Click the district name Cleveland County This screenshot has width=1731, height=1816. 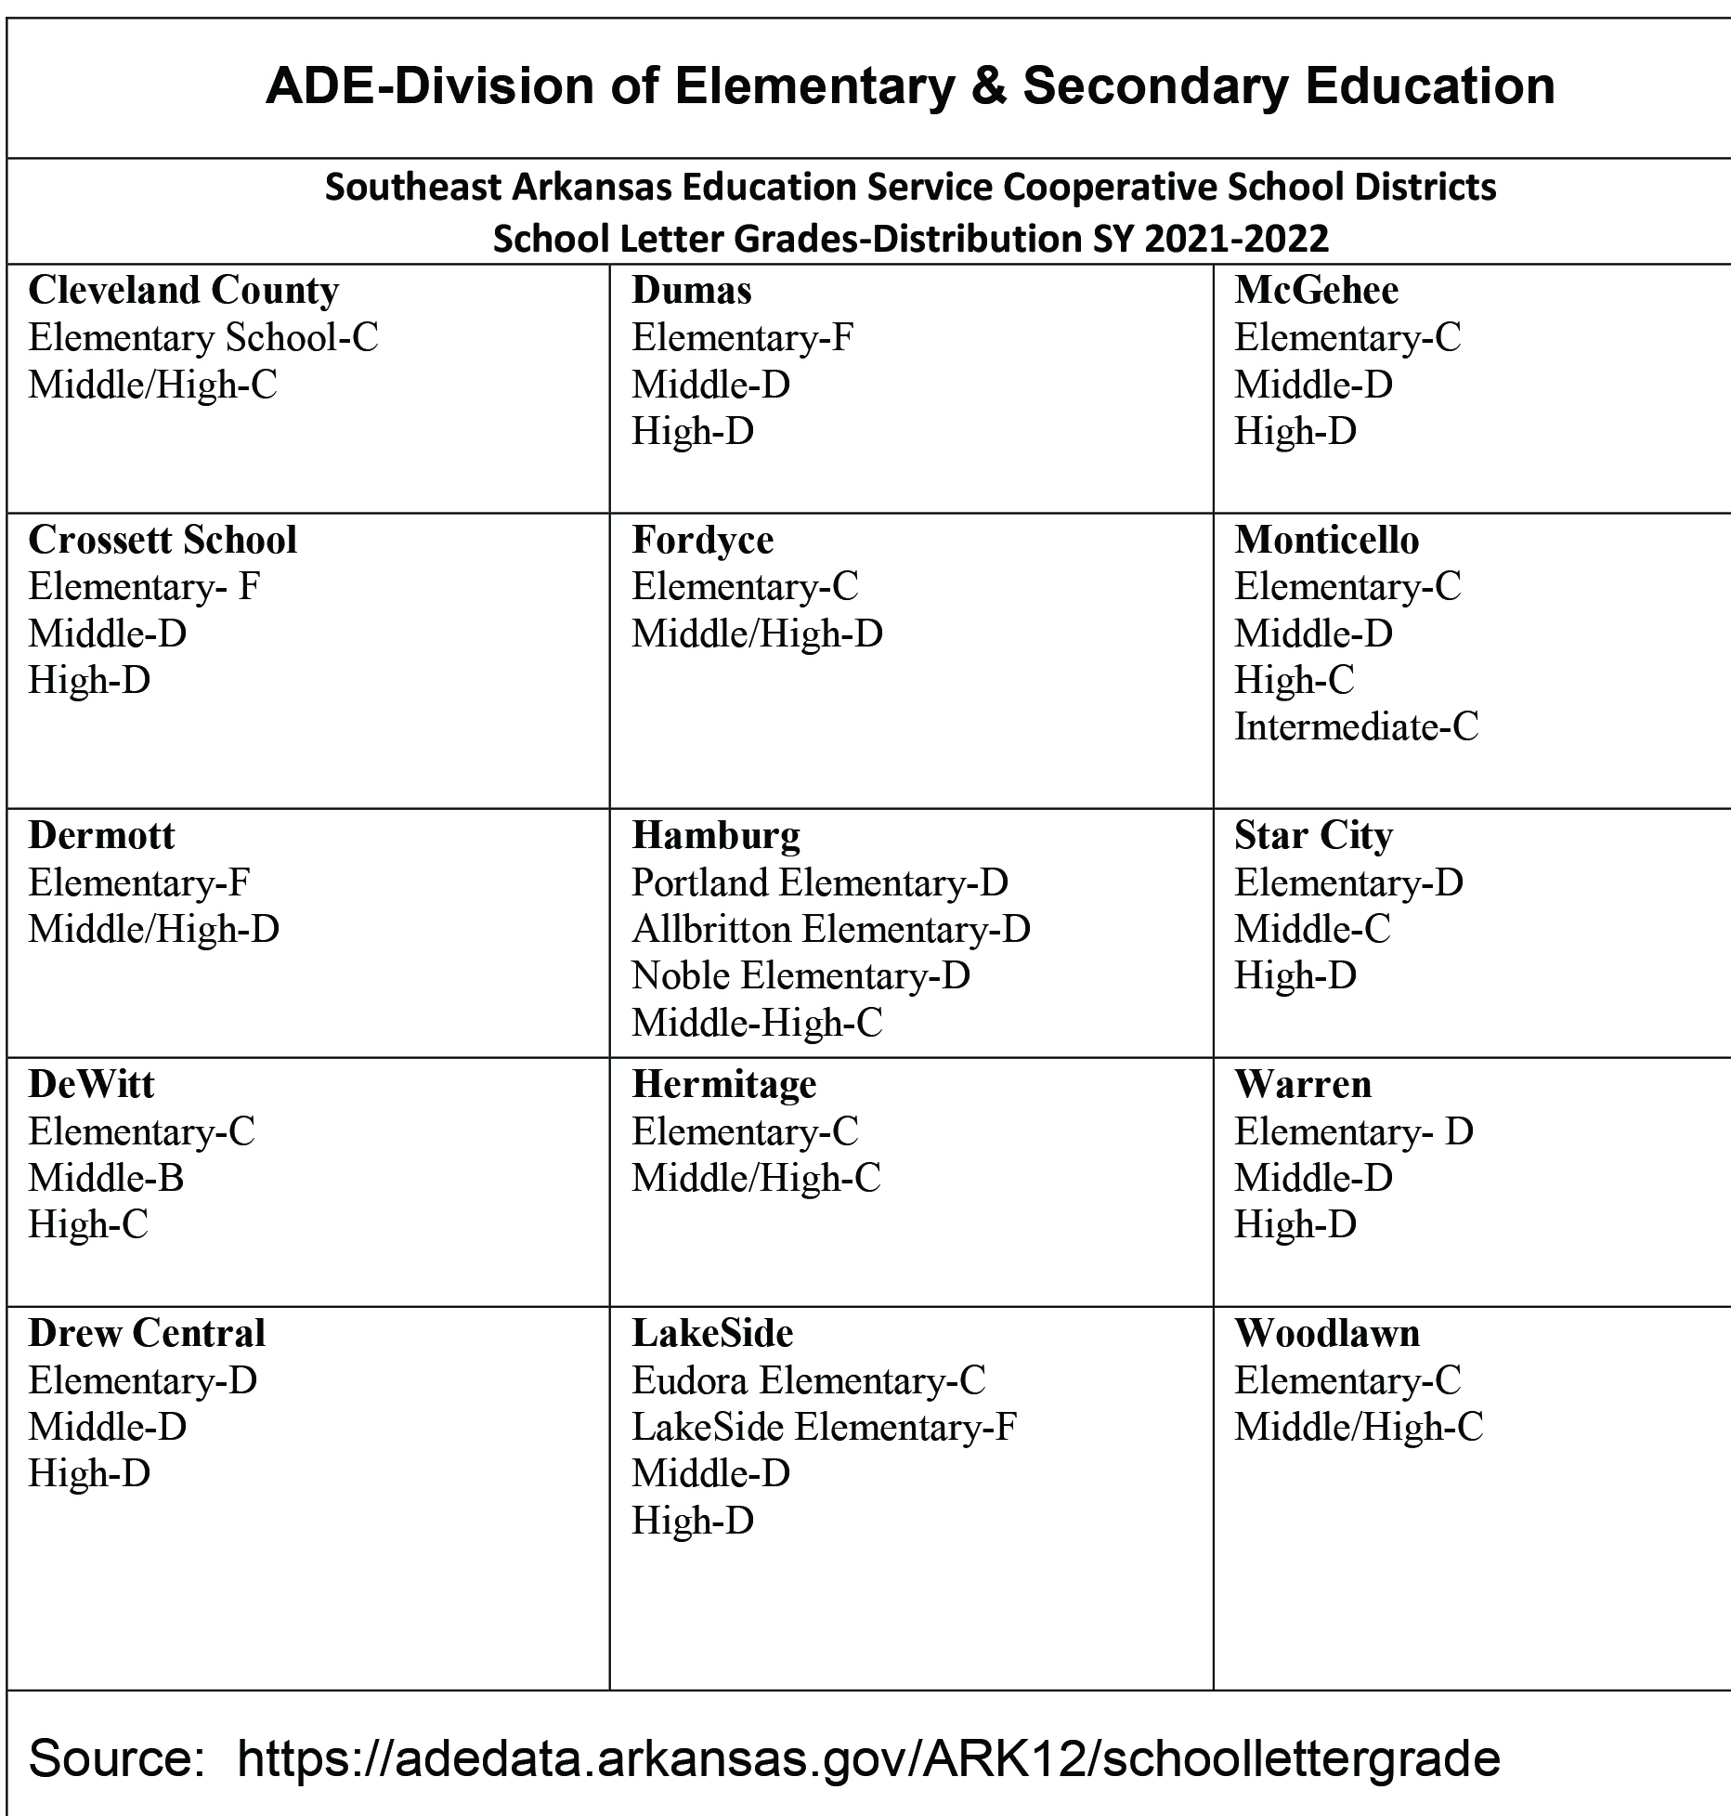coord(183,291)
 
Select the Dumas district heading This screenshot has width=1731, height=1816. coord(692,291)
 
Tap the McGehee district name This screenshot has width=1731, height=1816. coord(1316,291)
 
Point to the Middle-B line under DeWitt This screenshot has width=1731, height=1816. coord(106,1178)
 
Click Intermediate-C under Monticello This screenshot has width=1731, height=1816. coord(1356,726)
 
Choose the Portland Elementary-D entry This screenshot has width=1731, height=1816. coord(820,882)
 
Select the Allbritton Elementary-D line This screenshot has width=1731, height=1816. coord(831,929)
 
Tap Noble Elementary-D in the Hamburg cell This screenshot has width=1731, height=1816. coord(800,975)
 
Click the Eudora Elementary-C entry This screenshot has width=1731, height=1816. coord(809,1380)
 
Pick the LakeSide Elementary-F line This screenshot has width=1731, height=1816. coord(825,1427)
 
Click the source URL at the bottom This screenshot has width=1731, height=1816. coord(868,1757)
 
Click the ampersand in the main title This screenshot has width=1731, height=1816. coord(987,86)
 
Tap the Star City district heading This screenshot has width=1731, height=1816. coord(1313,835)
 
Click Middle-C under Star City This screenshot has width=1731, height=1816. coord(1312,929)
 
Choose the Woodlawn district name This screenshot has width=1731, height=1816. coord(1327,1334)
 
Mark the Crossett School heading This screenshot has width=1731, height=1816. coord(163,540)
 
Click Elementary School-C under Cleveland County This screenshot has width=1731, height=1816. coord(203,337)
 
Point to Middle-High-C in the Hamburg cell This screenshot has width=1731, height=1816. coord(757,1023)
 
